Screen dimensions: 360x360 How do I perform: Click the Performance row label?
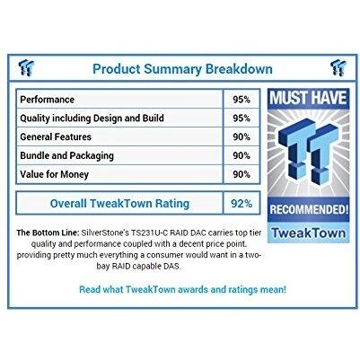(x=48, y=99)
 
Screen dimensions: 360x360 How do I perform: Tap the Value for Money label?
(x=55, y=174)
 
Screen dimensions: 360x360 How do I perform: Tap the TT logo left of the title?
(x=29, y=67)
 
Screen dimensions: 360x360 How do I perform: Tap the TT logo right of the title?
(x=338, y=67)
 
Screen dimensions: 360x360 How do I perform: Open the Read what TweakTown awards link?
(x=182, y=289)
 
